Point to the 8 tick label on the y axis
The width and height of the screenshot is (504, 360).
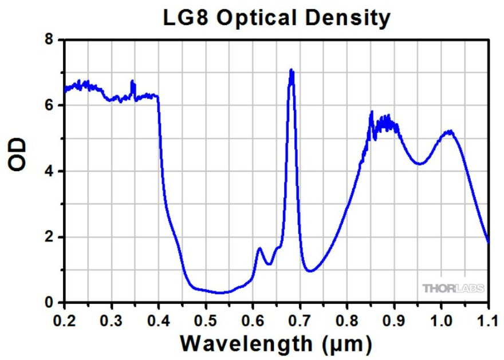coord(50,39)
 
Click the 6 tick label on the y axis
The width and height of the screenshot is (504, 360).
coord(50,105)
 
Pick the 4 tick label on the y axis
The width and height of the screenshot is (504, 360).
coord(50,171)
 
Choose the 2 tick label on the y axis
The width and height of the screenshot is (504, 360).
coord(50,237)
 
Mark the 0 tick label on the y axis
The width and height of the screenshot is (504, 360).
coord(50,303)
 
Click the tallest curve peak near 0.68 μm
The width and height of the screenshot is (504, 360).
coord(292,71)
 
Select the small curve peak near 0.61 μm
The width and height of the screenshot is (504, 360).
coord(259,248)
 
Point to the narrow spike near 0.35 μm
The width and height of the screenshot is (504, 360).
coord(132,82)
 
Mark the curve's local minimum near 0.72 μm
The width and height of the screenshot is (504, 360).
coord(310,271)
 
